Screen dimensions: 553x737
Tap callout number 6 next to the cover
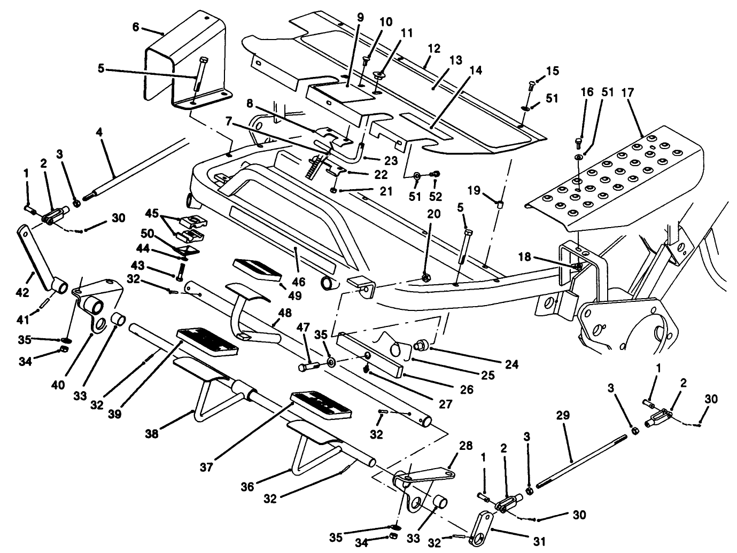point(136,27)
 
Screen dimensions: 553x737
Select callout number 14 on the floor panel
point(475,69)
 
